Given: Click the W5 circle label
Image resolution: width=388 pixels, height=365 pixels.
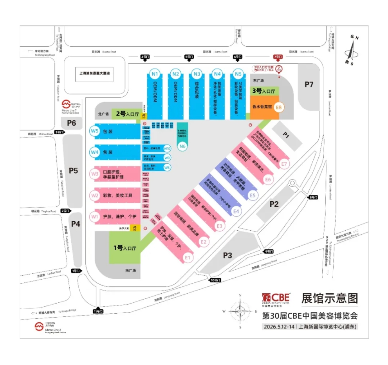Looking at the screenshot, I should (95, 131).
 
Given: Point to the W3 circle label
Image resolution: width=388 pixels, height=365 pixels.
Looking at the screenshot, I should (95, 173).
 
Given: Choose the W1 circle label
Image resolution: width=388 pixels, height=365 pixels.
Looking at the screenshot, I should (95, 216).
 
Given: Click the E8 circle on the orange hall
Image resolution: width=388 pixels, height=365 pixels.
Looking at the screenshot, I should (279, 107).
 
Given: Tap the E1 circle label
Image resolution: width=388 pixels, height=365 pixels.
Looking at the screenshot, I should (188, 257).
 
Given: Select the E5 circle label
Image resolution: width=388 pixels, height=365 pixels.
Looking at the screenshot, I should (253, 195).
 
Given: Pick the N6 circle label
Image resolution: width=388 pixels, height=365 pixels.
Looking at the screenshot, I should (182, 146).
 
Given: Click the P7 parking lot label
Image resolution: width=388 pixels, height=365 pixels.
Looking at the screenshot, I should (309, 84).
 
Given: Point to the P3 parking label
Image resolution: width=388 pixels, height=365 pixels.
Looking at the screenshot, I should (227, 255).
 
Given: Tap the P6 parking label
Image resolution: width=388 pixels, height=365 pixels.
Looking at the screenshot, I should (71, 123).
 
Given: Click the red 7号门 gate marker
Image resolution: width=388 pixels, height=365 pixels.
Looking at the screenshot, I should (278, 57).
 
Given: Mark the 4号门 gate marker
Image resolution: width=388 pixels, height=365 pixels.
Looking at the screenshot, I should (145, 57).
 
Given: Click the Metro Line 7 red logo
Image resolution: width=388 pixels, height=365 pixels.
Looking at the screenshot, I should (65, 105).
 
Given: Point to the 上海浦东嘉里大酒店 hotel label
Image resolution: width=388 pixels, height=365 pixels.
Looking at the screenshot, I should (94, 73).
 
